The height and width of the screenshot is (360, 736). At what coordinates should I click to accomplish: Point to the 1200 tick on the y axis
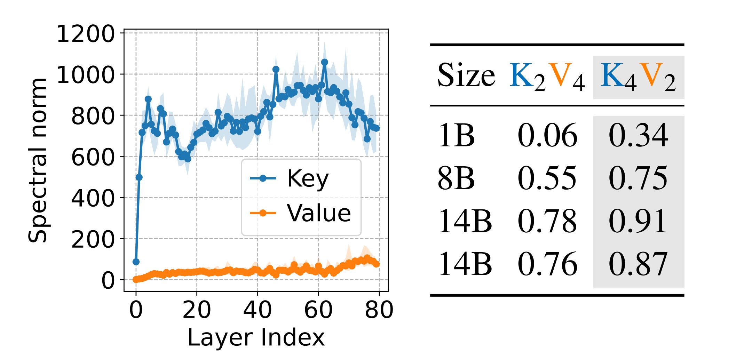[85, 34]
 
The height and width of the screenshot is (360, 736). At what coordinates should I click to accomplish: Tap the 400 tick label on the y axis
[93, 198]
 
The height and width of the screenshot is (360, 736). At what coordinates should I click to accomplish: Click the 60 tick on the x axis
[318, 310]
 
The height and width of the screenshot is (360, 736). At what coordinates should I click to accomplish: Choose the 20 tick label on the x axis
[197, 310]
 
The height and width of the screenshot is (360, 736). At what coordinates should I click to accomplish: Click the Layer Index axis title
[256, 337]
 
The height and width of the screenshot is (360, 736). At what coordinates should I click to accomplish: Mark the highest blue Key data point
[324, 62]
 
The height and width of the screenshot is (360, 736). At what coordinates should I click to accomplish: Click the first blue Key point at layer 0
[136, 262]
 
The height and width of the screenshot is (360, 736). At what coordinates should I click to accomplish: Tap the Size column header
[466, 75]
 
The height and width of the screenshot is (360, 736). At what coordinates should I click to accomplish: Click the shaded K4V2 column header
[638, 77]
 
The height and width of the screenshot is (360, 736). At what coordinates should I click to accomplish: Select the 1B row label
[456, 135]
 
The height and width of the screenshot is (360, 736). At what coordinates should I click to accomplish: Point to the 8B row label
[456, 178]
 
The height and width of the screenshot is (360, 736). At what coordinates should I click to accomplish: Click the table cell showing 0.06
[547, 135]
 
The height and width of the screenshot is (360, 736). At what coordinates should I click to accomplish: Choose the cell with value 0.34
[638, 135]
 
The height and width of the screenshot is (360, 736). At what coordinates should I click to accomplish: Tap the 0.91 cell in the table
[638, 221]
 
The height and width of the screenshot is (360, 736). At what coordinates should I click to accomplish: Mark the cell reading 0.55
[547, 178]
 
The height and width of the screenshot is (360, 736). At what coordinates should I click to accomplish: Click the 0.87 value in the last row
[638, 264]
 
